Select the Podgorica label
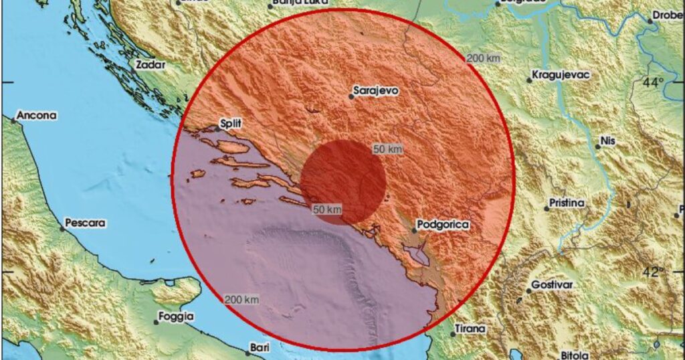point(442,224)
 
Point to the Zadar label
point(150,65)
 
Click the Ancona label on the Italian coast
point(37,115)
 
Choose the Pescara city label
point(86,223)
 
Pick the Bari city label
point(258,347)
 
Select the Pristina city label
point(567,202)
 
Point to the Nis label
point(607,141)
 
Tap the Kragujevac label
point(561,74)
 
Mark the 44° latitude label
point(653,82)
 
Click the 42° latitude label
point(654,272)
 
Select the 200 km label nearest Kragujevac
point(483,58)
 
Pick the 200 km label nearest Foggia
point(241,299)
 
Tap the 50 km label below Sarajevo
point(387,149)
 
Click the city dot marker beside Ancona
point(13,121)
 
